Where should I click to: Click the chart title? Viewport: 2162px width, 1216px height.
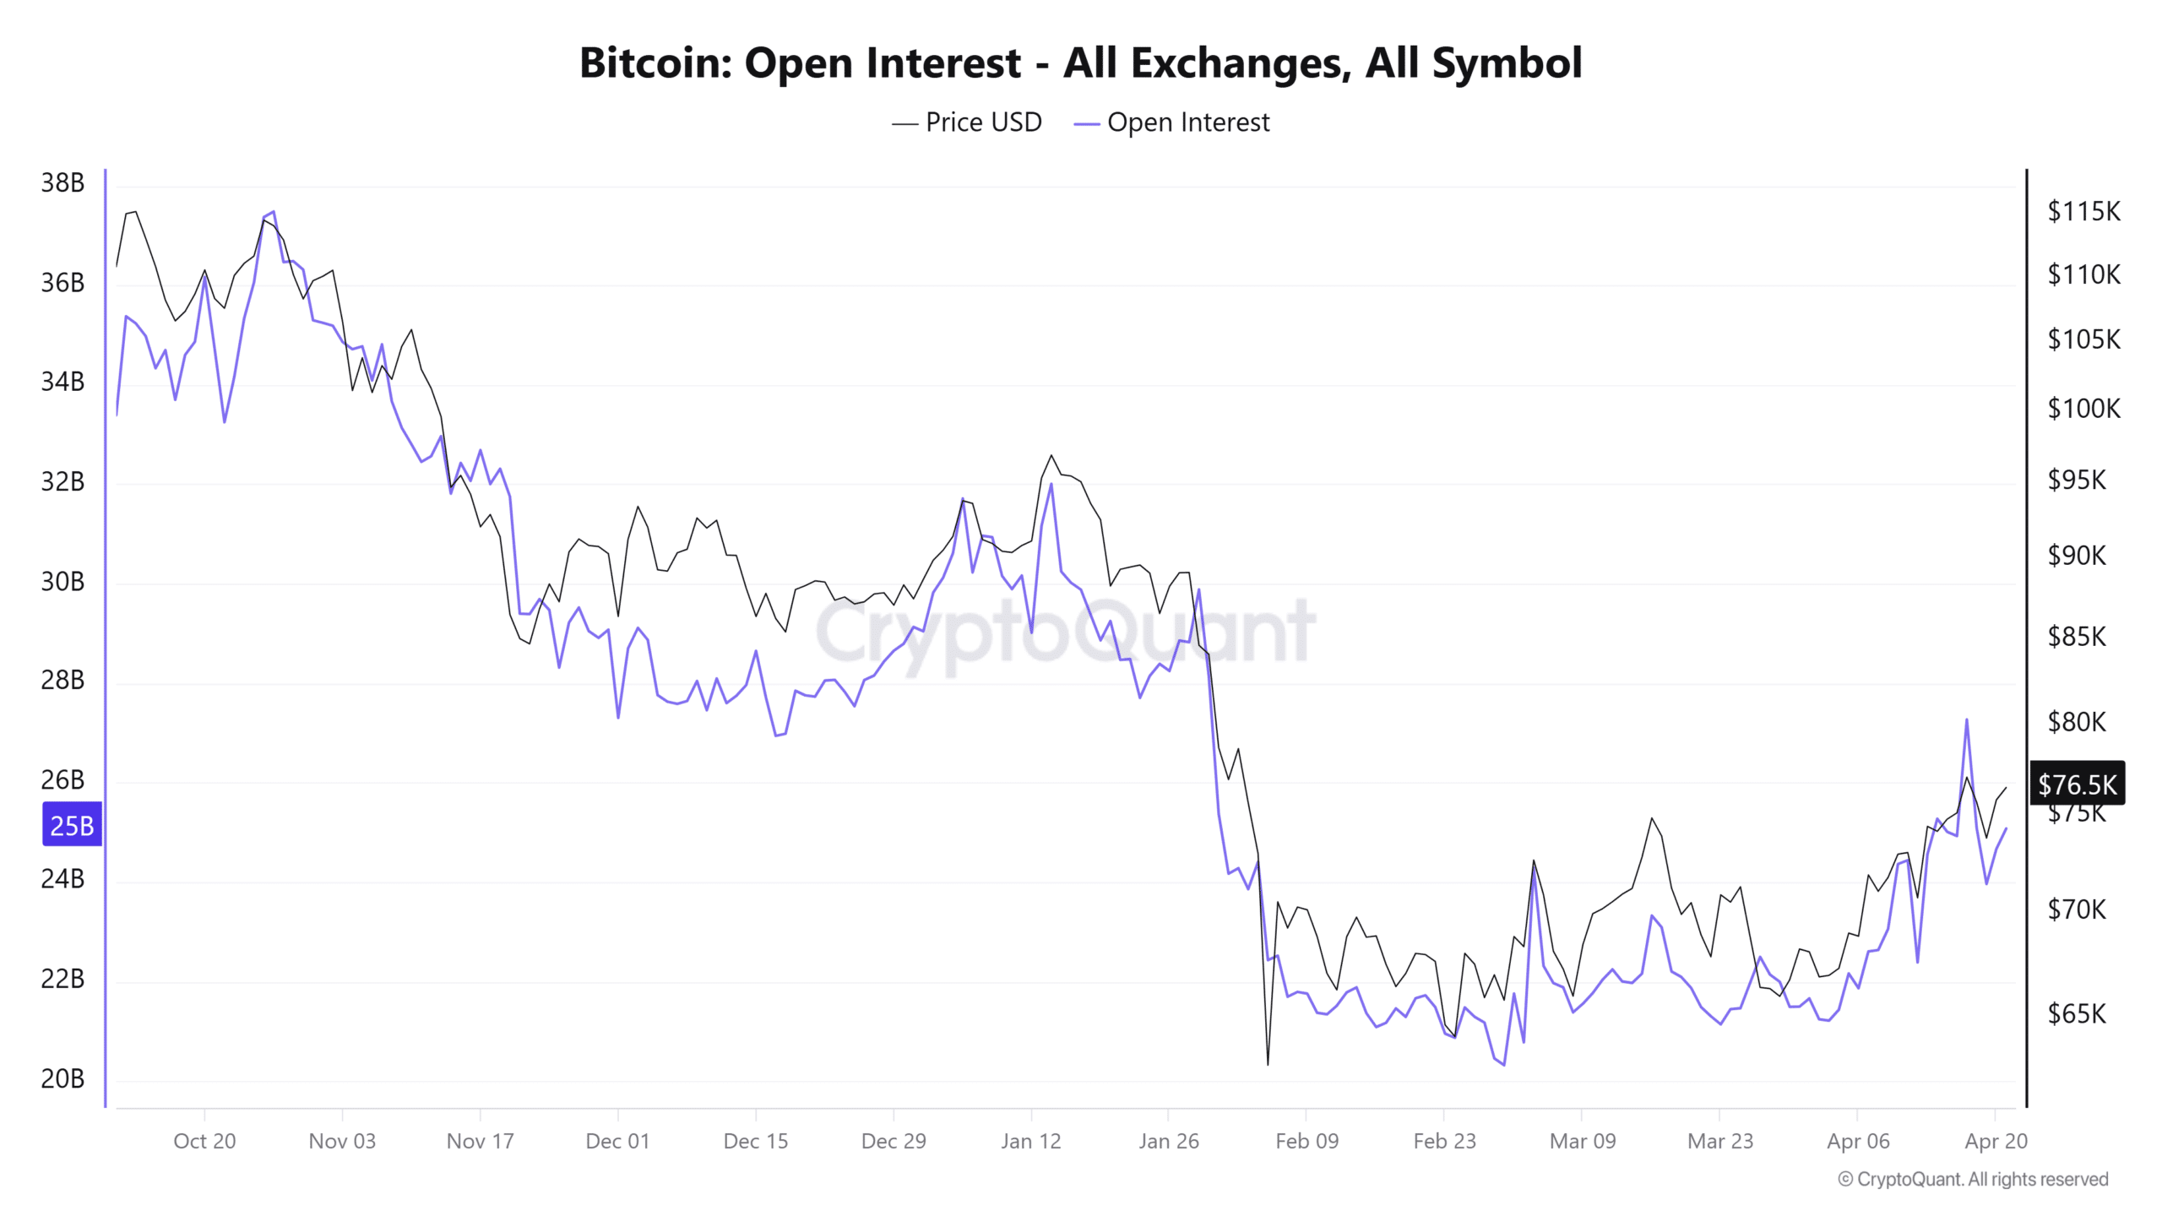pos(1080,62)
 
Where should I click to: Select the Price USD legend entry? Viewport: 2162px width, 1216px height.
pos(968,122)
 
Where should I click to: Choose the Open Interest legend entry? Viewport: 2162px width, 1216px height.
pos(1172,122)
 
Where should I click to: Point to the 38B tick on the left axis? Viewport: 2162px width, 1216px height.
pos(62,182)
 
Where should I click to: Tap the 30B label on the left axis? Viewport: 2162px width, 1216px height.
pos(62,581)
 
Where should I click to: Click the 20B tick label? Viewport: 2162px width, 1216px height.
pos(62,1078)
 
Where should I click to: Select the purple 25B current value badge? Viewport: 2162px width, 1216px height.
pos(72,825)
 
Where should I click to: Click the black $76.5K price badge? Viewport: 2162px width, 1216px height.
pos(2077,784)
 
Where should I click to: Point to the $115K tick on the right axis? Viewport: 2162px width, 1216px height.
pos(2083,211)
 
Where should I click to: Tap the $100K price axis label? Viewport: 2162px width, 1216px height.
pos(2083,409)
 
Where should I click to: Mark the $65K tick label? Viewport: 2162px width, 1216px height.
pos(2077,1013)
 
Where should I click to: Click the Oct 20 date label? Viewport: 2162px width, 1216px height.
pos(204,1141)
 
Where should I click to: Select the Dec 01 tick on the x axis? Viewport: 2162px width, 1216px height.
pos(617,1141)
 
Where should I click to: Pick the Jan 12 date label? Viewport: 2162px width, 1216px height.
pos(1030,1141)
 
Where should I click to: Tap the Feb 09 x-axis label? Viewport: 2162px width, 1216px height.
pos(1306,1141)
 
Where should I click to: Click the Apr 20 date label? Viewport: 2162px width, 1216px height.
pos(1996,1141)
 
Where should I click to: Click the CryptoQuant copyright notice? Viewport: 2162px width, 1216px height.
pos(1973,1179)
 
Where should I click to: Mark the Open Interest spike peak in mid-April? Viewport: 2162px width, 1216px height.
pos(1967,720)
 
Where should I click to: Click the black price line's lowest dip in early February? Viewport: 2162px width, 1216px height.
pos(1268,1063)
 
